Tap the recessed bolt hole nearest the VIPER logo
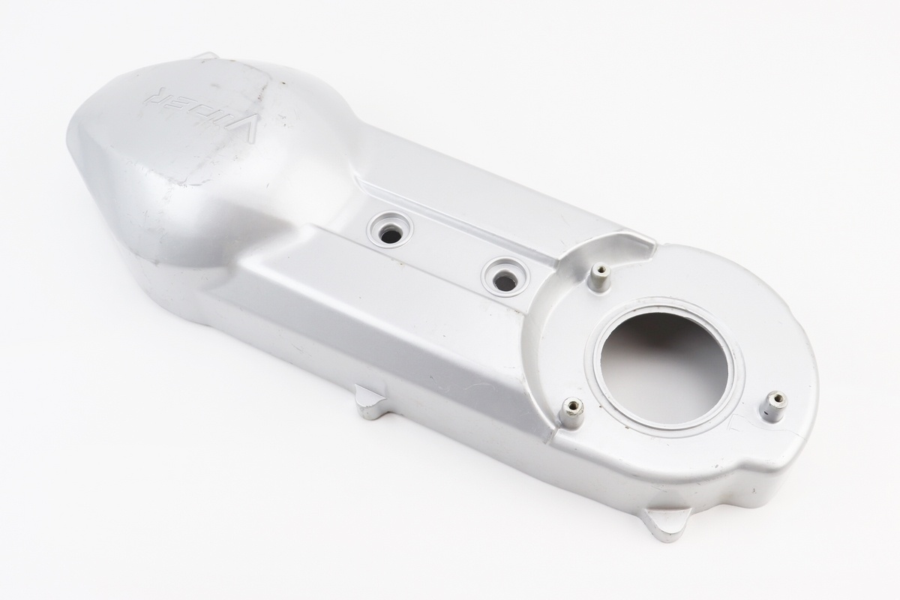click(390, 233)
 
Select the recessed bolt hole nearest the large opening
click(505, 277)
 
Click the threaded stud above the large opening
click(601, 279)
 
